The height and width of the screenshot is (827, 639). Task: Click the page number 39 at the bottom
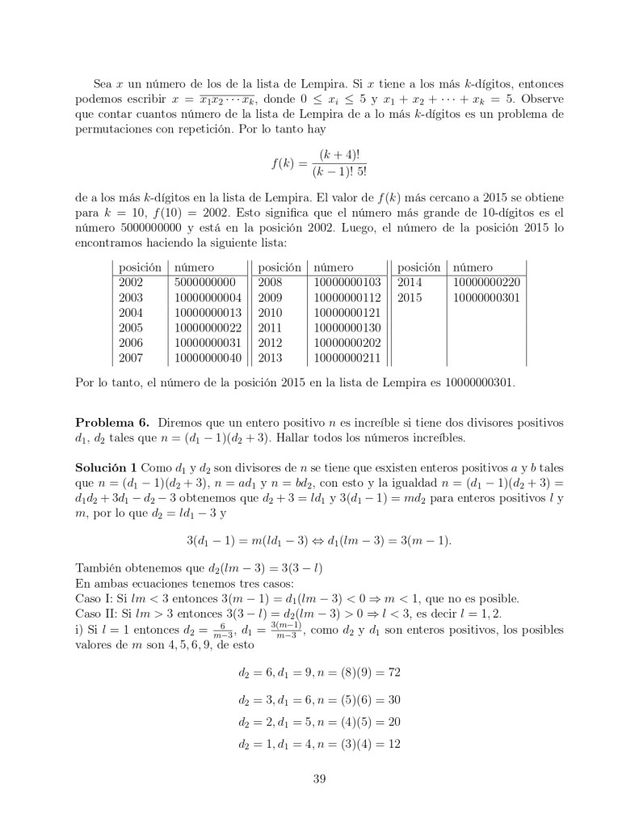318,778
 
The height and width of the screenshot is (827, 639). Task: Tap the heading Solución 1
106,468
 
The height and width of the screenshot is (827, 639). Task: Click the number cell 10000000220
486,283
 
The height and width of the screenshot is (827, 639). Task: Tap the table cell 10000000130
347,327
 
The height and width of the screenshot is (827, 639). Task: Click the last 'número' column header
473,268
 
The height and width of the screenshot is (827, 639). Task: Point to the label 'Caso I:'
94,599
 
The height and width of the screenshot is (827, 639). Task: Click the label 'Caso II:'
95,614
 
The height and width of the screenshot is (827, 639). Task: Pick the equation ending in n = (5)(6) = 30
319,698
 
